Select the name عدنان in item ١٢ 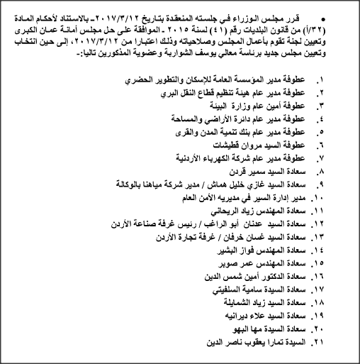(x=240, y=224)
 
